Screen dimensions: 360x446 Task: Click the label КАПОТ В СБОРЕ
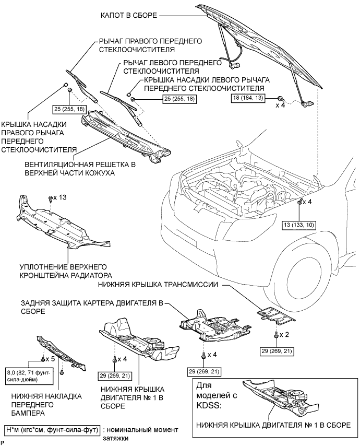pos(129,15)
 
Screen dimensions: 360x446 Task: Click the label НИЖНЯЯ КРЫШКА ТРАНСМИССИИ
pos(158,285)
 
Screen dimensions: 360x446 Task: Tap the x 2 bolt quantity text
pos(284,334)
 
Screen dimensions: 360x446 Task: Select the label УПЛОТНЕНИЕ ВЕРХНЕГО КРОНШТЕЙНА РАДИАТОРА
pos(66,271)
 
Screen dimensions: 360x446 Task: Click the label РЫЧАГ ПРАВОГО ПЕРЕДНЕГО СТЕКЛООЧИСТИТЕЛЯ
pos(150,45)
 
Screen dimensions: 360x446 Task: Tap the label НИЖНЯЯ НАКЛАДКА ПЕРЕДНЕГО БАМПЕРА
pos(46,404)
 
